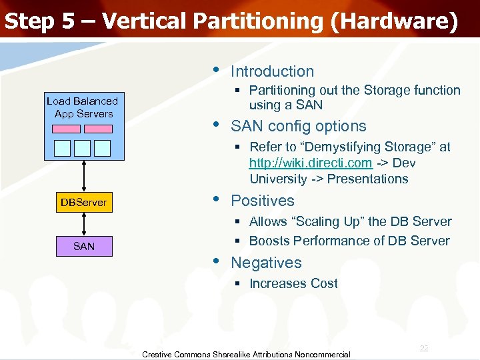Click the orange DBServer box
(83, 203)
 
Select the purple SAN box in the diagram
(83, 247)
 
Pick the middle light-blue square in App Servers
(83, 147)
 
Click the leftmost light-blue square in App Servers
(62, 147)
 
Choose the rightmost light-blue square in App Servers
(103, 147)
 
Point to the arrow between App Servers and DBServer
(83, 177)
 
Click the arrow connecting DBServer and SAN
(83, 225)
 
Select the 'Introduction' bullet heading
(272, 71)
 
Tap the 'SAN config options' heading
(298, 126)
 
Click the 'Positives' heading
(262, 201)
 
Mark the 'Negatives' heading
(266, 263)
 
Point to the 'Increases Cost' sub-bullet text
(293, 283)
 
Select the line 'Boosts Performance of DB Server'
(349, 241)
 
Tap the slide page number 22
(424, 349)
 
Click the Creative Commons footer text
(246, 354)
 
